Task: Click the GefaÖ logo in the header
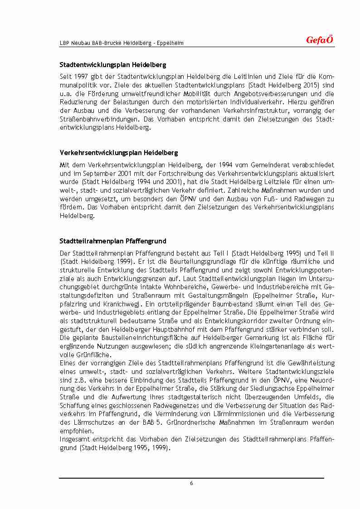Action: pyautogui.click(x=319, y=40)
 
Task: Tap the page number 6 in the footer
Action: pyautogui.click(x=191, y=483)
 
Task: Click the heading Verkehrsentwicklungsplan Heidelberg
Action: pyautogui.click(x=119, y=153)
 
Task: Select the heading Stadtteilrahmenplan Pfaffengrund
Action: pyautogui.click(x=113, y=241)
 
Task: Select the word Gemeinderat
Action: pyautogui.click(x=268, y=165)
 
